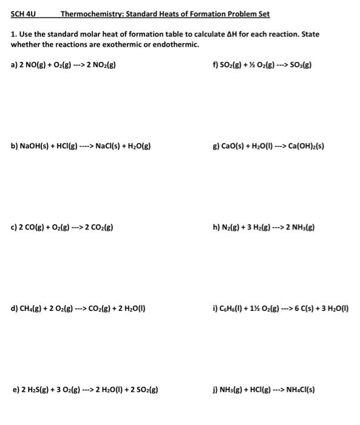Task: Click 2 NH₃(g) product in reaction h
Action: pyautogui.click(x=298, y=228)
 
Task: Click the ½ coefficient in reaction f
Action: pyautogui.click(x=249, y=65)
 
